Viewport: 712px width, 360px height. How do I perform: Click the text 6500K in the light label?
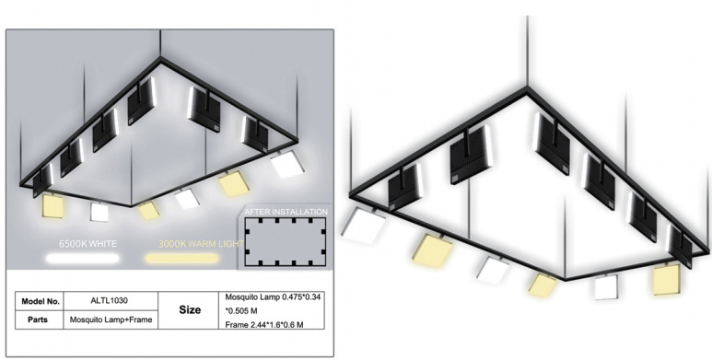tap(74, 244)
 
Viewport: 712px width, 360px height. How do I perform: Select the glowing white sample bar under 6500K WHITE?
tap(82, 259)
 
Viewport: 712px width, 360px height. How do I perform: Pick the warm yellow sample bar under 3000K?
tap(181, 259)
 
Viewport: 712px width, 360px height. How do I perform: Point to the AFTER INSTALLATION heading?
tap(286, 212)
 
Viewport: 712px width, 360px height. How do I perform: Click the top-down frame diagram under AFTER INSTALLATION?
tap(286, 242)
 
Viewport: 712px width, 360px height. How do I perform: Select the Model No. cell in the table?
tap(41, 301)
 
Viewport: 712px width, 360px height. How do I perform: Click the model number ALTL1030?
tap(110, 300)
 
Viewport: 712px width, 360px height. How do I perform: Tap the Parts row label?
tap(38, 319)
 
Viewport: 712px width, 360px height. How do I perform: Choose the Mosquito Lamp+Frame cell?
tap(111, 319)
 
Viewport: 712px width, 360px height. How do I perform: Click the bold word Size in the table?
tap(190, 310)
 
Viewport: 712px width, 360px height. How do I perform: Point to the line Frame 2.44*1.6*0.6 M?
tap(264, 325)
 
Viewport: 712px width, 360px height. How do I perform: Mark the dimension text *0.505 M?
tap(242, 311)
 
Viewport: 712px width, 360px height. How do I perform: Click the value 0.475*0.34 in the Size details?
tap(301, 297)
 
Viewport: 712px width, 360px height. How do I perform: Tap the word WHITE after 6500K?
tap(103, 244)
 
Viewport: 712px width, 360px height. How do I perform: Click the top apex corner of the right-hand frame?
tap(527, 87)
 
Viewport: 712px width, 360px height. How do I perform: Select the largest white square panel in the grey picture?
tap(287, 164)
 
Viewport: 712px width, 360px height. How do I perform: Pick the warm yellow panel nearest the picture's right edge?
tap(666, 279)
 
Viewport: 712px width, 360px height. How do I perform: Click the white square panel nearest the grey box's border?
tap(287, 164)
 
